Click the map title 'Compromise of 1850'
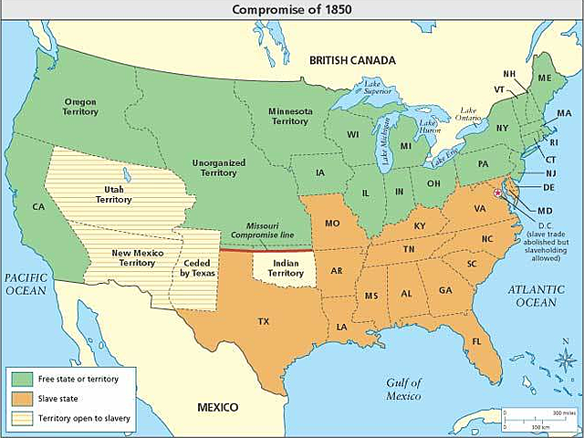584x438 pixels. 292,9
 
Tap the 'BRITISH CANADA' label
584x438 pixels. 352,60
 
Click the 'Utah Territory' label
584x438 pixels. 114,193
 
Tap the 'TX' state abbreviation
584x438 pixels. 263,321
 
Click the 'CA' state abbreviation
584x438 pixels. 38,207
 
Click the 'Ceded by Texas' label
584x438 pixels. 193,266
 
